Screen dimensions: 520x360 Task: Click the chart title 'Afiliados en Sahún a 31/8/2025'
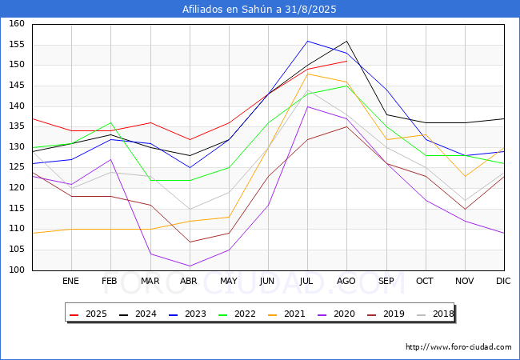click(x=259, y=10)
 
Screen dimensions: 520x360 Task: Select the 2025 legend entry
click(x=88, y=314)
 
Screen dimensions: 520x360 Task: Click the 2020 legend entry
click(x=336, y=314)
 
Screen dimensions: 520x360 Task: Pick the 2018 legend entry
click(x=435, y=314)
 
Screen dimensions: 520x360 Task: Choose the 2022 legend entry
click(x=237, y=314)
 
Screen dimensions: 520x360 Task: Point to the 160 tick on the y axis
click(x=17, y=23)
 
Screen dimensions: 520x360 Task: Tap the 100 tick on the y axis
click(x=17, y=270)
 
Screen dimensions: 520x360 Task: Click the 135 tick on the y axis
click(x=17, y=126)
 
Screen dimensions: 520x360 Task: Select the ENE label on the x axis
click(x=70, y=281)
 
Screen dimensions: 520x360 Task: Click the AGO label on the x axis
click(x=346, y=281)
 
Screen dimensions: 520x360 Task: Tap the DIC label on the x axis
click(x=503, y=281)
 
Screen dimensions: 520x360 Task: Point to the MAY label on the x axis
click(x=229, y=281)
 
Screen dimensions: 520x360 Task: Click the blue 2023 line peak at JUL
click(x=308, y=41)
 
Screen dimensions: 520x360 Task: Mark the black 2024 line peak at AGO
click(x=347, y=41)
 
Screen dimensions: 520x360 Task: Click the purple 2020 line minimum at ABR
click(x=190, y=266)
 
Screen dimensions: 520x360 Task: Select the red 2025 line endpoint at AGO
click(x=347, y=61)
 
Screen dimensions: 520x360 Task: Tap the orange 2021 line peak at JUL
click(x=308, y=74)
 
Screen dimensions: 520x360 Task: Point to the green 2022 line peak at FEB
click(x=110, y=122)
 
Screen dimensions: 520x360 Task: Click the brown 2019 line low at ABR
click(x=190, y=242)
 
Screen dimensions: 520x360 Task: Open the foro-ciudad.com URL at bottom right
click(x=458, y=347)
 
